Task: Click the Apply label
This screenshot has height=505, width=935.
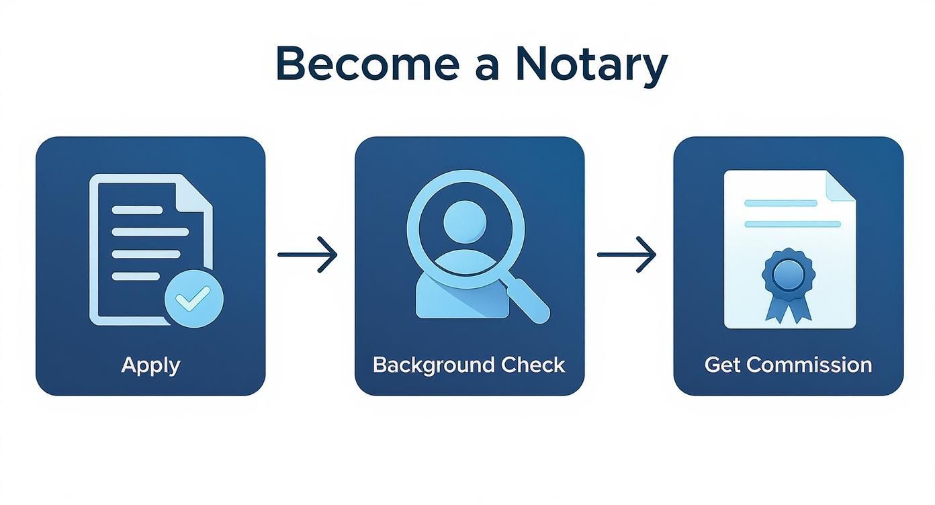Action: click(150, 365)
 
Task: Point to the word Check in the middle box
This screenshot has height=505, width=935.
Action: click(533, 365)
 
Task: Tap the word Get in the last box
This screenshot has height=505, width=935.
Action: click(723, 365)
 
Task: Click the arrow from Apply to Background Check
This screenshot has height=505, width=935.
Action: click(307, 255)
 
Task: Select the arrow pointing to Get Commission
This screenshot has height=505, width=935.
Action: click(626, 255)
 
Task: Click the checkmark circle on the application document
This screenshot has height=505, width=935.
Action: click(194, 298)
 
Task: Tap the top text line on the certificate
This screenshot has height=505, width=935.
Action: click(781, 203)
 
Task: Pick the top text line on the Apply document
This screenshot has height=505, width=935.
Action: click(137, 210)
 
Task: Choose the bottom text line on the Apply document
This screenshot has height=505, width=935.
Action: click(136, 276)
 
